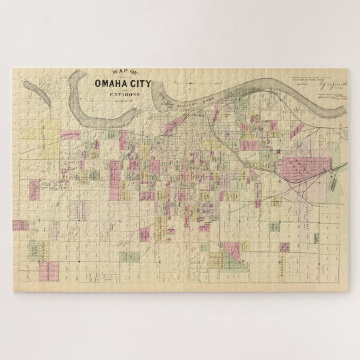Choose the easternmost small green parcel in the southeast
click(x=317, y=237)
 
